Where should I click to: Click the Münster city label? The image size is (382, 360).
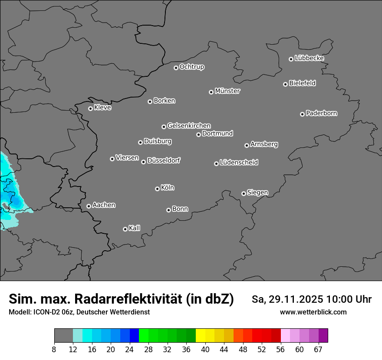[x=227, y=91]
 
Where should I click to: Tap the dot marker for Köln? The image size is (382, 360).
[x=157, y=189]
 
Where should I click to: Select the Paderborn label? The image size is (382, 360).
[x=322, y=113]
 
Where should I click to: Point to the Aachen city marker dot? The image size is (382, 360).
[x=89, y=206]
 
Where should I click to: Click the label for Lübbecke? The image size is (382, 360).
[x=309, y=58]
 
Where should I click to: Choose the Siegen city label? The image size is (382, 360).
[x=257, y=193]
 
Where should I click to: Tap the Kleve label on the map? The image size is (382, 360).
[x=103, y=108]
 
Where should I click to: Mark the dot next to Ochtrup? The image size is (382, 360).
[x=176, y=68]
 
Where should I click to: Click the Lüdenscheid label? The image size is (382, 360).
[x=239, y=163]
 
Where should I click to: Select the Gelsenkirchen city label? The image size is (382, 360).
[x=189, y=126]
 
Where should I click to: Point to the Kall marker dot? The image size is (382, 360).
[x=125, y=229]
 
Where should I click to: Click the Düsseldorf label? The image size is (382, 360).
[x=164, y=160]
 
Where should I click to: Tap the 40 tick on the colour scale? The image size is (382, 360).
[x=205, y=349]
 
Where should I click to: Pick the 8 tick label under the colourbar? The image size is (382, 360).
[x=54, y=349]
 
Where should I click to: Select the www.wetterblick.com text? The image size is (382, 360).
[x=313, y=312]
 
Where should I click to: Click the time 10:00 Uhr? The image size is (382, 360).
[x=349, y=299]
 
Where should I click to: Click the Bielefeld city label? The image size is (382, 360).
[x=302, y=83]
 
